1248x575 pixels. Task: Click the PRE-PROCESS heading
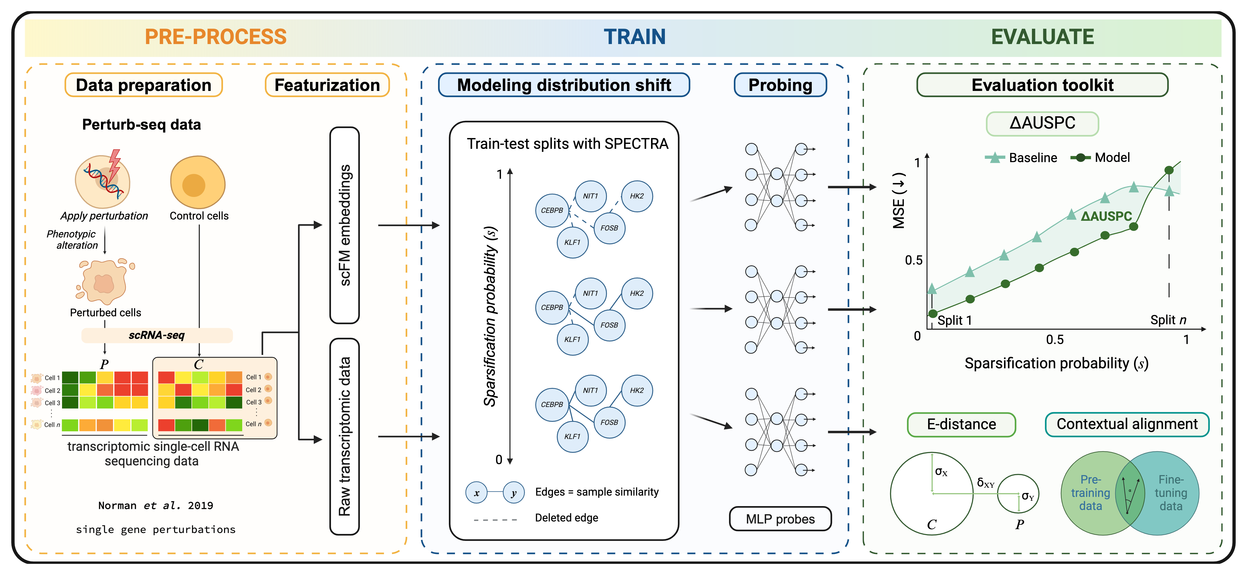[x=216, y=37]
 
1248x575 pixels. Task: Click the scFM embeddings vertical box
[x=344, y=225]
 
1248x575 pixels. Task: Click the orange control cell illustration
[x=198, y=183]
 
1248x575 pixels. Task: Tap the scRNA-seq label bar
[x=157, y=335]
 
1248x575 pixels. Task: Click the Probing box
[x=780, y=85]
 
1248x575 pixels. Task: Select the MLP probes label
[x=780, y=519]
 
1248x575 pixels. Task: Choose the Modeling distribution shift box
[x=564, y=85]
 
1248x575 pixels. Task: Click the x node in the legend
[x=477, y=493]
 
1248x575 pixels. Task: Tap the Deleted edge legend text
[x=566, y=518]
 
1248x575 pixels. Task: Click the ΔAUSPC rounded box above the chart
[x=1042, y=123]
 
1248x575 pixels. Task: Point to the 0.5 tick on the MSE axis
[x=914, y=260]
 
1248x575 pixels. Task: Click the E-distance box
[x=961, y=424]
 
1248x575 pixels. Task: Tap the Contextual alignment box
[x=1127, y=424]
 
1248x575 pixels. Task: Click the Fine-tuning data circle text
[x=1171, y=493]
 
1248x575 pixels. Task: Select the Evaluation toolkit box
[x=1042, y=85]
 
